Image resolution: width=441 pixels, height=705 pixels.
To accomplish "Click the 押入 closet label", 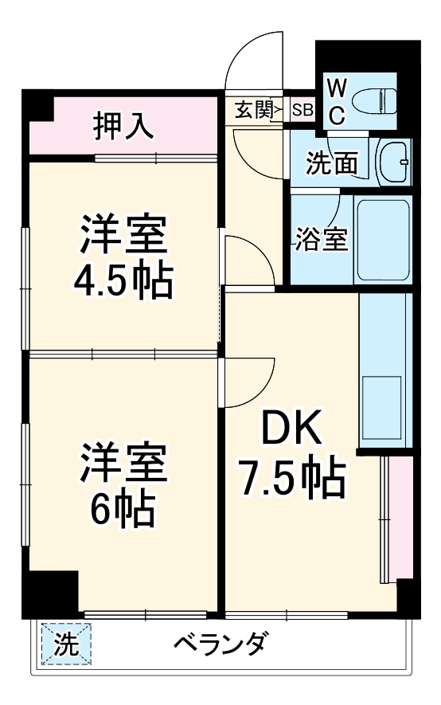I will click(x=123, y=125).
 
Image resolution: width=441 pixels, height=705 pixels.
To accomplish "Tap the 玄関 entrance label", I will click(x=252, y=110).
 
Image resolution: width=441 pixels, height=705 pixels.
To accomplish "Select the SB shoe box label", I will click(x=302, y=110).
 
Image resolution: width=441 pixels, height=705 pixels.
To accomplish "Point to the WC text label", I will click(x=337, y=101).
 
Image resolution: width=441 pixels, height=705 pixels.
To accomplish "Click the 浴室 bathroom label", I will click(x=322, y=240).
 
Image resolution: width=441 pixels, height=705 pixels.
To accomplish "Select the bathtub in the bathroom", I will click(x=383, y=239).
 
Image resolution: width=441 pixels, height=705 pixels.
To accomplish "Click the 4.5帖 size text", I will click(x=123, y=280).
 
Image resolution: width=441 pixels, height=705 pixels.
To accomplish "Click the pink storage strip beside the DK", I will click(x=400, y=518).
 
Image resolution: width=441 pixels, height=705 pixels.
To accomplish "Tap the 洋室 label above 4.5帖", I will click(x=123, y=232).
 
